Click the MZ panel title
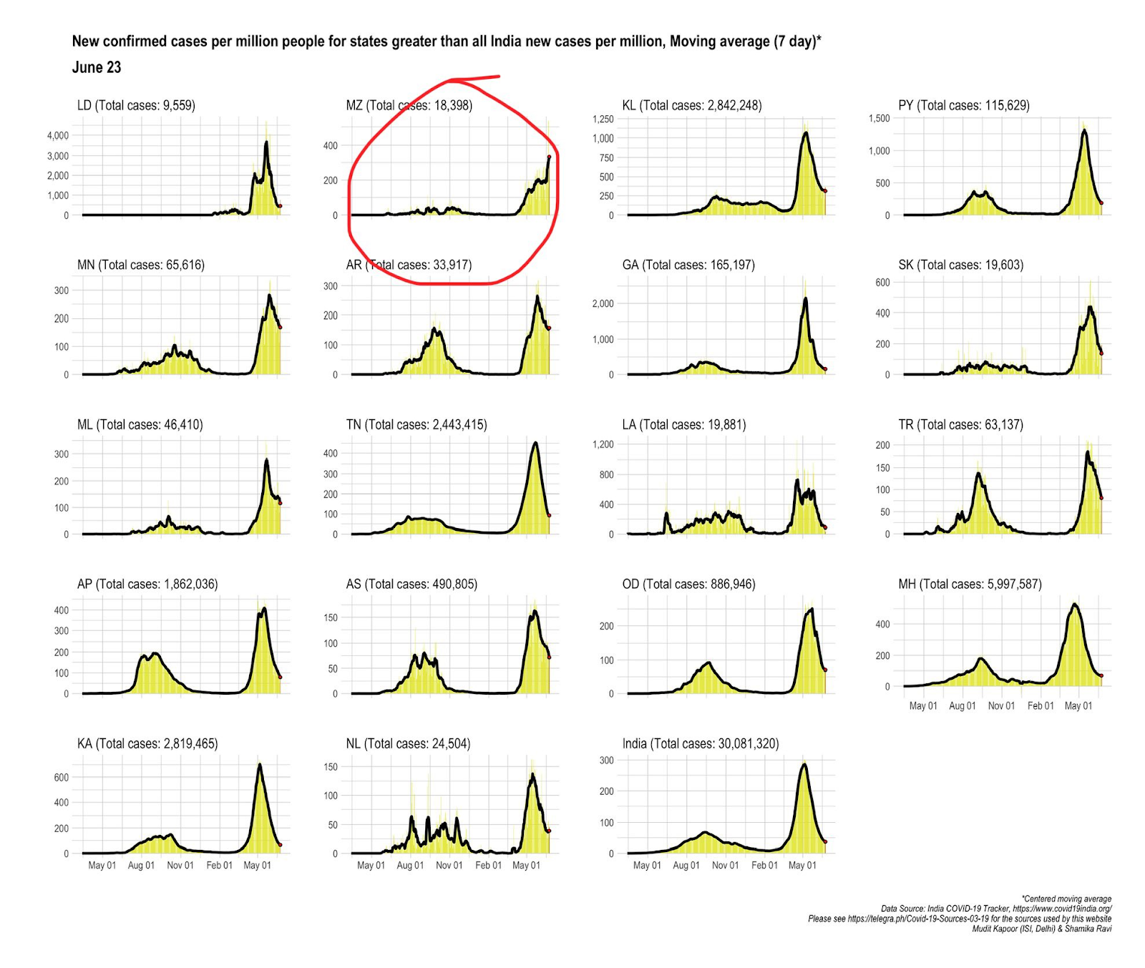[x=409, y=105]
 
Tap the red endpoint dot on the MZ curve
[x=549, y=157]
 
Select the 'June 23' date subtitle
[x=97, y=67]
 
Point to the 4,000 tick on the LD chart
[x=57, y=135]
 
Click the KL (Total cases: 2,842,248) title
[x=691, y=105]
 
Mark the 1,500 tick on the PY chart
[x=879, y=118]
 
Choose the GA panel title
[x=688, y=265]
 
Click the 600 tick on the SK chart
[x=882, y=283]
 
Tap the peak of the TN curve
[x=535, y=444]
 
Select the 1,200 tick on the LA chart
[x=603, y=444]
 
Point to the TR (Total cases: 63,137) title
[x=960, y=424]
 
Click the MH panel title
[x=970, y=584]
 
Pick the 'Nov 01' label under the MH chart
[x=1001, y=705]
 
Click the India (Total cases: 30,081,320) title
[x=700, y=743]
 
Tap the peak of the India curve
[x=804, y=765]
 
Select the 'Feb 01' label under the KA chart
[x=219, y=865]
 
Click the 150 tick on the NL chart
[x=331, y=766]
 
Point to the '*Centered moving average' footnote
[x=1066, y=899]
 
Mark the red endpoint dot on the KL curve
[x=825, y=190]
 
